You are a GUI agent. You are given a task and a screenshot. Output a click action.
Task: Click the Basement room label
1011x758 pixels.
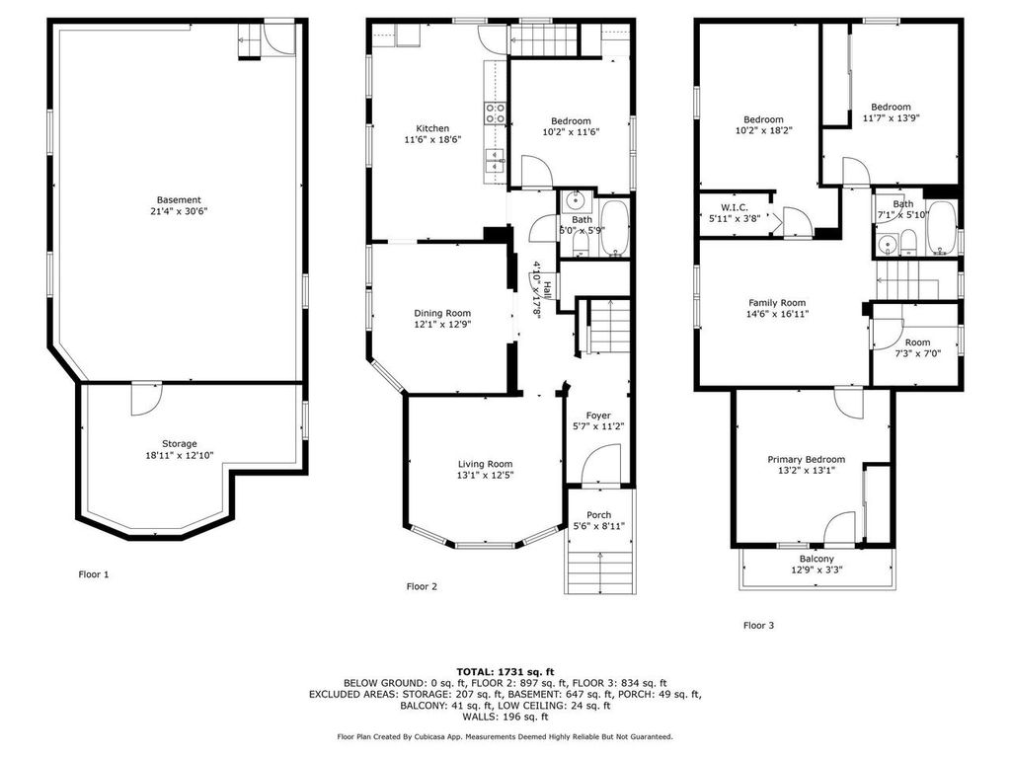179,199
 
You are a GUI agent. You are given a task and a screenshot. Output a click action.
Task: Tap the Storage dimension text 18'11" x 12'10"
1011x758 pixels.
179,456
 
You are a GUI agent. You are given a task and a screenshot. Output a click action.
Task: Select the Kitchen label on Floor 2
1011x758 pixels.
432,128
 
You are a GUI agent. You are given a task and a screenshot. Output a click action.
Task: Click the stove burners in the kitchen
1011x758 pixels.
494,114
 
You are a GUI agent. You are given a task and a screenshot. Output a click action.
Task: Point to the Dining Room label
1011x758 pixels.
442,313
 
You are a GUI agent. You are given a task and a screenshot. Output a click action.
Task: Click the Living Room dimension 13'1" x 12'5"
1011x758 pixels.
485,475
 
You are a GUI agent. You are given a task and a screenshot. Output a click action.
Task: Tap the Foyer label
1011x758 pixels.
598,416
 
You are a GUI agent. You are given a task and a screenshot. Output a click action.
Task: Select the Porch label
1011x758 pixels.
598,515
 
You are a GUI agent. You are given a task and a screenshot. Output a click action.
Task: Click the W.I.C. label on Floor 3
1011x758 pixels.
734,207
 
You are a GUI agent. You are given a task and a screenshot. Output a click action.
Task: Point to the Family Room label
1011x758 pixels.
777,303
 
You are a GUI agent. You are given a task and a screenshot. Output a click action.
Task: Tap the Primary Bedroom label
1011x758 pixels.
807,459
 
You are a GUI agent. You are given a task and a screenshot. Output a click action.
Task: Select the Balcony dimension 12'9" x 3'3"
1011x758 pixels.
816,569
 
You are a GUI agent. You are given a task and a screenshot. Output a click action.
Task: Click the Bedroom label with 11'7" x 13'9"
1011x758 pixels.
891,107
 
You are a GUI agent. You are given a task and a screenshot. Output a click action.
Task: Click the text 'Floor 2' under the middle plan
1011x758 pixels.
422,586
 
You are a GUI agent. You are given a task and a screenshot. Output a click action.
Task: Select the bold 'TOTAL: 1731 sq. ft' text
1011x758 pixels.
505,671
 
